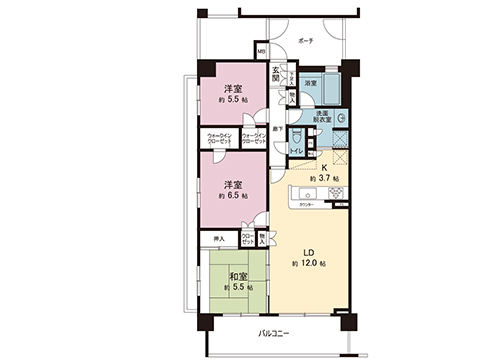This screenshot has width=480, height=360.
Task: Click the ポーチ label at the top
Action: tap(307, 41)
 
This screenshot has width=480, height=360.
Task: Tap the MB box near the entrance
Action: tap(261, 52)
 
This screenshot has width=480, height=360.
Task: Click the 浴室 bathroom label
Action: tap(311, 83)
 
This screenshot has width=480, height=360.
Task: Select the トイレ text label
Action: tap(297, 151)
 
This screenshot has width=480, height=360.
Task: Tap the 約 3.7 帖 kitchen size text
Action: tap(323, 178)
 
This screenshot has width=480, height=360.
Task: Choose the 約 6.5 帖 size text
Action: tap(237, 197)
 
